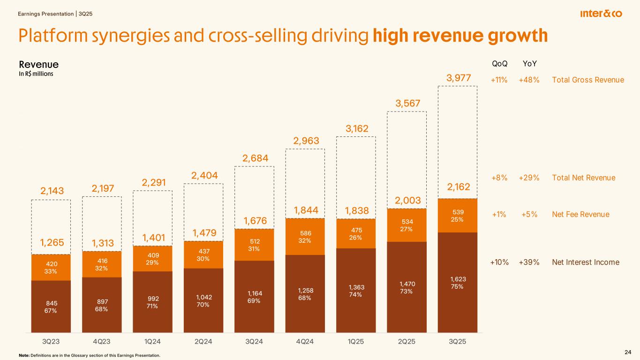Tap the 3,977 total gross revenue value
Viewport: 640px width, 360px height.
(457, 77)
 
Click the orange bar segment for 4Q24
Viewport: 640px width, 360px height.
(305, 237)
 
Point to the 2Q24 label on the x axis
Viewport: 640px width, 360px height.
(203, 341)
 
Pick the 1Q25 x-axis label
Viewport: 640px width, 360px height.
(356, 341)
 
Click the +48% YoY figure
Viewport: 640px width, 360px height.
(529, 80)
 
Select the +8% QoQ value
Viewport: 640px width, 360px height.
(499, 178)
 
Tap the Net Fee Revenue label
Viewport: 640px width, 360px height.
(581, 215)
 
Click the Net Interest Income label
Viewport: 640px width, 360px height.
(586, 262)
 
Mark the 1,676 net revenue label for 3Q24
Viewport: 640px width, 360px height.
(254, 220)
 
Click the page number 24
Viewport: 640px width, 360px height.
(628, 352)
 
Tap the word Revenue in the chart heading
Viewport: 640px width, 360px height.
(38, 64)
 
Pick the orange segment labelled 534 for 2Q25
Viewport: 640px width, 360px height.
(407, 225)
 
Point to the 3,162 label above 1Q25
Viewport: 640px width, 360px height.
(356, 128)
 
